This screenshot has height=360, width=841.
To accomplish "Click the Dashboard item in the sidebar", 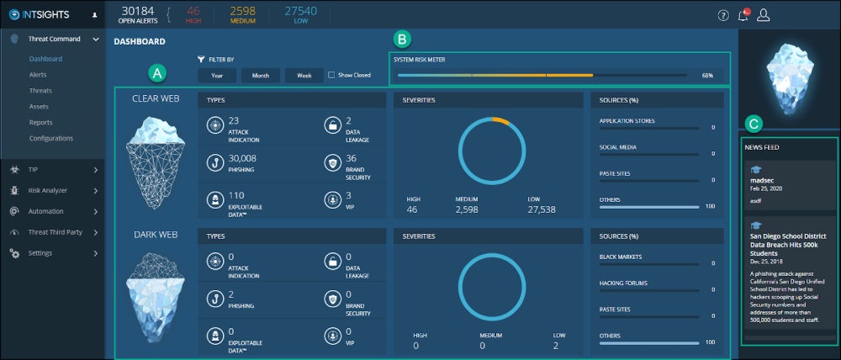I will click(45, 59).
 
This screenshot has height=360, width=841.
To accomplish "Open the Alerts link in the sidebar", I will click(38, 75).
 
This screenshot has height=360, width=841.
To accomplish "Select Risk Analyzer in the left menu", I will click(47, 191).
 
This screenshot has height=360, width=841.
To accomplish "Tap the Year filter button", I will click(217, 75).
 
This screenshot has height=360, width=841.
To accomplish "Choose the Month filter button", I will click(261, 75).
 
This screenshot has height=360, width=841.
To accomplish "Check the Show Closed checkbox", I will click(331, 75).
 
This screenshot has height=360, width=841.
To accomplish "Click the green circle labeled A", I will click(155, 73).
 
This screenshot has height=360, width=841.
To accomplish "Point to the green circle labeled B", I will click(403, 39).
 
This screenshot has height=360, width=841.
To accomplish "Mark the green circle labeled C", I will click(754, 124).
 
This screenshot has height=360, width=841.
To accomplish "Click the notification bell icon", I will click(743, 14).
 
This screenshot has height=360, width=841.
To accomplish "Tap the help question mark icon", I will click(723, 15).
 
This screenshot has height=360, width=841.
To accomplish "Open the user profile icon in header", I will click(764, 14).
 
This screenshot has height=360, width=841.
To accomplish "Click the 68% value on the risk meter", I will click(707, 75).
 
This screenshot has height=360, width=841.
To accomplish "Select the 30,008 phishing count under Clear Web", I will click(242, 157).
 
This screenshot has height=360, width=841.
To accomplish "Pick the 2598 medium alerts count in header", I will click(243, 10).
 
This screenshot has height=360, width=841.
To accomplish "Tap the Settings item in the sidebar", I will click(40, 253).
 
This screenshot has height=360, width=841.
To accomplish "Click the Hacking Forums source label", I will click(623, 283).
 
